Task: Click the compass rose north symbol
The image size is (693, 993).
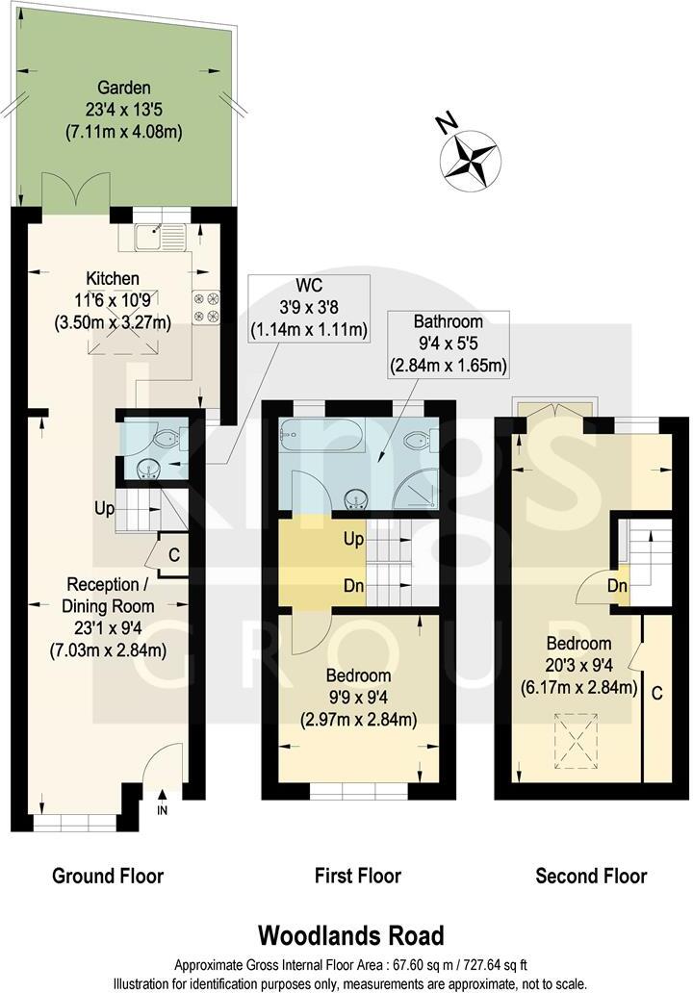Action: point(470,155)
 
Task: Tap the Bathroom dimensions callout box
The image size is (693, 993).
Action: point(448,344)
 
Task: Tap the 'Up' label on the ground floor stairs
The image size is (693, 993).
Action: point(105,507)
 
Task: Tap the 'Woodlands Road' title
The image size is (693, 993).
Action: point(350,934)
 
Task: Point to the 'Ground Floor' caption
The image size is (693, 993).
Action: point(107,876)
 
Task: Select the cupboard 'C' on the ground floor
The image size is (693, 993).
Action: point(173,555)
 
